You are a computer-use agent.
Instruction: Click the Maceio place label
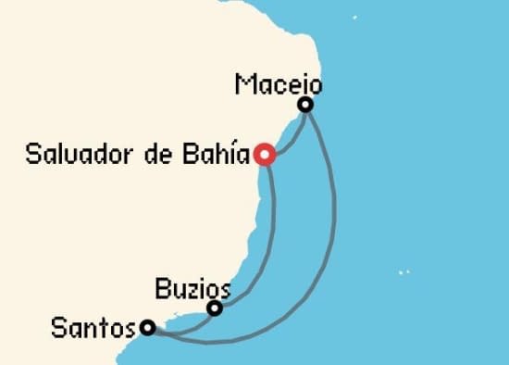pos(278,85)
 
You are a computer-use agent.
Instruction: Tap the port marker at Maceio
pos(304,106)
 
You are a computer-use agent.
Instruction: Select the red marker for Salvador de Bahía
pos(266,155)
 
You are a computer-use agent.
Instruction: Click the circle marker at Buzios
pos(215,308)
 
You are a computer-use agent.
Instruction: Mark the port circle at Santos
pos(147,327)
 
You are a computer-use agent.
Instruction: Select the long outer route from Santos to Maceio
pos(329,232)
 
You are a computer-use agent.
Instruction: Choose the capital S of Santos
pos(60,327)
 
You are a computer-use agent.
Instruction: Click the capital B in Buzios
pos(164,288)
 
